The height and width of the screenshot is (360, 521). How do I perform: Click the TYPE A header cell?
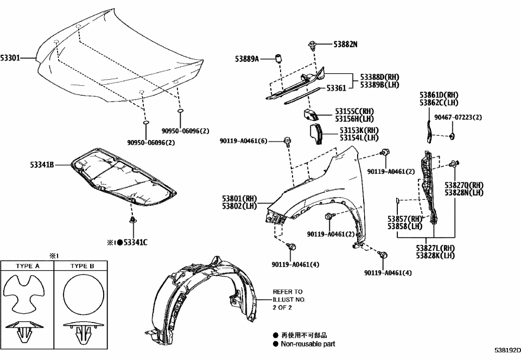[28, 267]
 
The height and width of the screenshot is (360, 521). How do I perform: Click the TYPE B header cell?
[82, 267]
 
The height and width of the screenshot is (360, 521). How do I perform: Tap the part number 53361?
[336, 87]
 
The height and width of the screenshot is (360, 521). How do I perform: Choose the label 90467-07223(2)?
[458, 117]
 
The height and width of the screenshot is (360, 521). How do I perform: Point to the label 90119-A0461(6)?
[244, 141]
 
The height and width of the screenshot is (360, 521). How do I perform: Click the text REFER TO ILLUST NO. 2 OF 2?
[290, 299]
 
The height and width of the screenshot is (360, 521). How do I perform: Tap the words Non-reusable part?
[307, 344]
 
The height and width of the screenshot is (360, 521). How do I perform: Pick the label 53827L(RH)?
[435, 248]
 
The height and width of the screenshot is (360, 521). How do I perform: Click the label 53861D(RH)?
[439, 95]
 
